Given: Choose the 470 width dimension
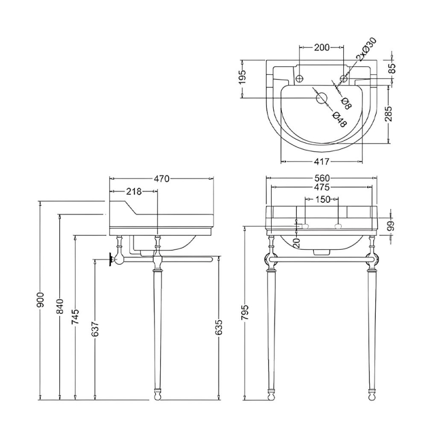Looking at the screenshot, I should coord(161,179).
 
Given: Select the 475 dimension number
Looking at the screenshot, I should coord(321,187).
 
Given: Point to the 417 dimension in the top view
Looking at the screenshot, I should coord(321,161).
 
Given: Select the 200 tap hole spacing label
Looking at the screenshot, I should coord(321,48).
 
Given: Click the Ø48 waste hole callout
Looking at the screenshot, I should coord(338,118).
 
